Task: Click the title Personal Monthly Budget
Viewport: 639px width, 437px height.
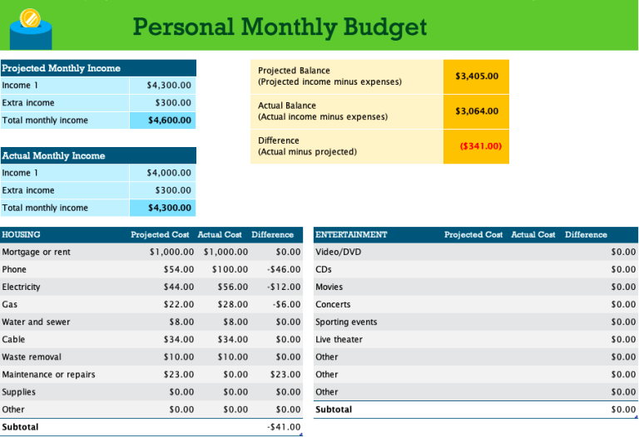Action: (x=280, y=27)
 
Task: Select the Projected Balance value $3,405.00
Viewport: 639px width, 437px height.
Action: (x=477, y=76)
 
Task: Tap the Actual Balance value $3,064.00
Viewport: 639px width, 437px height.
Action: (x=477, y=111)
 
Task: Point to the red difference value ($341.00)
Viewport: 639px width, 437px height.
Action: (x=480, y=146)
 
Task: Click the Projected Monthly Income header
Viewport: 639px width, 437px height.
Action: (x=62, y=68)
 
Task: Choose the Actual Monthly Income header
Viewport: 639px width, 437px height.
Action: (x=54, y=155)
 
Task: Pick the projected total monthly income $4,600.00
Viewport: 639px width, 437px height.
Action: (x=170, y=120)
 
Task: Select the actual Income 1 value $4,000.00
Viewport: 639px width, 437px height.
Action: (x=169, y=173)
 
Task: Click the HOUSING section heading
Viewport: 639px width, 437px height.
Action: (x=22, y=234)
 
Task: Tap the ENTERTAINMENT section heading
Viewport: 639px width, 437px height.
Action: (x=351, y=234)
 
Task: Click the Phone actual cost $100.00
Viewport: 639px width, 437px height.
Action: (x=230, y=269)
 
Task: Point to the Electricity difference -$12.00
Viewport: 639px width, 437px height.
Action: (x=282, y=287)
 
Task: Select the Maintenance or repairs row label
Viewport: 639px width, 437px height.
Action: (x=49, y=375)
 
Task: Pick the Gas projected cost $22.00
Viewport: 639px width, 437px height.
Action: (x=178, y=305)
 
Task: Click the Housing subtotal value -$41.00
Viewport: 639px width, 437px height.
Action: (x=284, y=427)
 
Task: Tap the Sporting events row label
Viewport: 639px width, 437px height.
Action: (x=346, y=322)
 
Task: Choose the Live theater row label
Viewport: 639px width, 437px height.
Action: (x=339, y=340)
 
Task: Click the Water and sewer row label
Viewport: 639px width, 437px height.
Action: (x=36, y=322)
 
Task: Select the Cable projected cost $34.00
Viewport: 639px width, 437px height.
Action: (x=178, y=340)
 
